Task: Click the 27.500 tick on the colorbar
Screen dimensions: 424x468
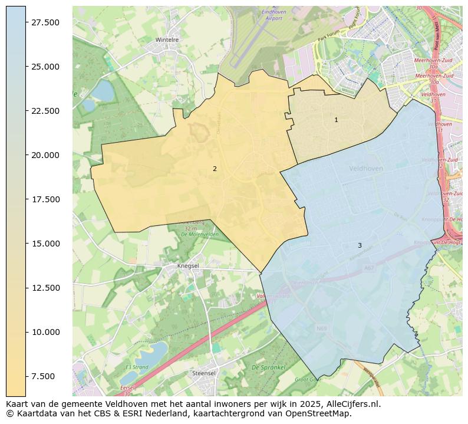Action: pyautogui.click(x=45, y=22)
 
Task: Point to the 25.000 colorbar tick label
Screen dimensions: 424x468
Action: pyautogui.click(x=45, y=67)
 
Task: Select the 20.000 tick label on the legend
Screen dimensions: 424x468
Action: pyautogui.click(x=45, y=155)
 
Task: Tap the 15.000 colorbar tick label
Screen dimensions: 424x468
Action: pyautogui.click(x=45, y=244)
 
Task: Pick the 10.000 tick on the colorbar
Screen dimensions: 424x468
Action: pyautogui.click(x=45, y=332)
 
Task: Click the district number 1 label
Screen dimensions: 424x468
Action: pyautogui.click(x=336, y=120)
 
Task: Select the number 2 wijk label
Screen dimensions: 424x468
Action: pyautogui.click(x=215, y=169)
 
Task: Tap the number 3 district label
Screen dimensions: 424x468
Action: pyautogui.click(x=360, y=245)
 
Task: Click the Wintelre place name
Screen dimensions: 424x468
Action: pyautogui.click(x=167, y=40)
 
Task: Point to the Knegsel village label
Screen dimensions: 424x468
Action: pyautogui.click(x=189, y=266)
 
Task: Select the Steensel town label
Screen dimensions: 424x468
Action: pyautogui.click(x=204, y=373)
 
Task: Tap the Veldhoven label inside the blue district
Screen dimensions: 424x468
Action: pyautogui.click(x=365, y=168)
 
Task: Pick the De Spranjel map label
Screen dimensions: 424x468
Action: pyautogui.click(x=268, y=367)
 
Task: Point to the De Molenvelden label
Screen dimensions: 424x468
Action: pyautogui.click(x=200, y=234)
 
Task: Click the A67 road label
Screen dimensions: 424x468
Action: pyautogui.click(x=369, y=268)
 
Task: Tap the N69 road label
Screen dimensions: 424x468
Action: pyautogui.click(x=321, y=328)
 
